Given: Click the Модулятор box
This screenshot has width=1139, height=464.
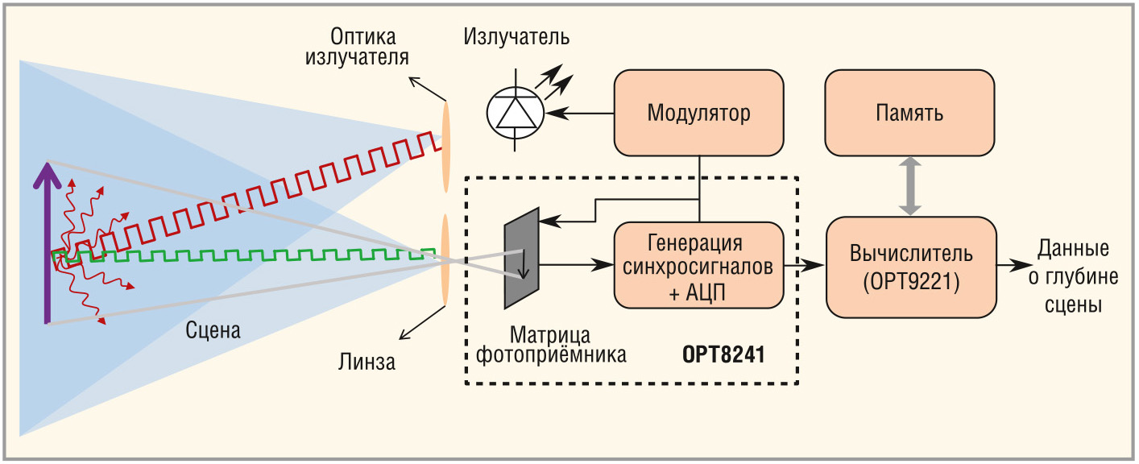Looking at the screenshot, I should (x=698, y=113).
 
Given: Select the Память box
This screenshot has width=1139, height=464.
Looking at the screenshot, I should (x=909, y=113).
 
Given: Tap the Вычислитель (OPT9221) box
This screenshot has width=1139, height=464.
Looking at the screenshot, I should (x=910, y=267).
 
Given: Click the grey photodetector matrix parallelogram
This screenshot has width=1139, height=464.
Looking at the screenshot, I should (x=521, y=257).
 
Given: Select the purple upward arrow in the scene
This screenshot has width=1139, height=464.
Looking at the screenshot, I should (x=50, y=242).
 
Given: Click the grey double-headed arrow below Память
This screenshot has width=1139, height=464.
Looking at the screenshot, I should (x=909, y=186).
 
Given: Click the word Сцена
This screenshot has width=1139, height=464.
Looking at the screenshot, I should (x=213, y=329).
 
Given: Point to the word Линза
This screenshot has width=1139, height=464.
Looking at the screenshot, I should (x=367, y=362).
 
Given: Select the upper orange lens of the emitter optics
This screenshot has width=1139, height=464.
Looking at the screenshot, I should (x=445, y=145).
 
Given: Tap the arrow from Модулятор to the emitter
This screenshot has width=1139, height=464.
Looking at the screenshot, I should (x=579, y=114).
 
